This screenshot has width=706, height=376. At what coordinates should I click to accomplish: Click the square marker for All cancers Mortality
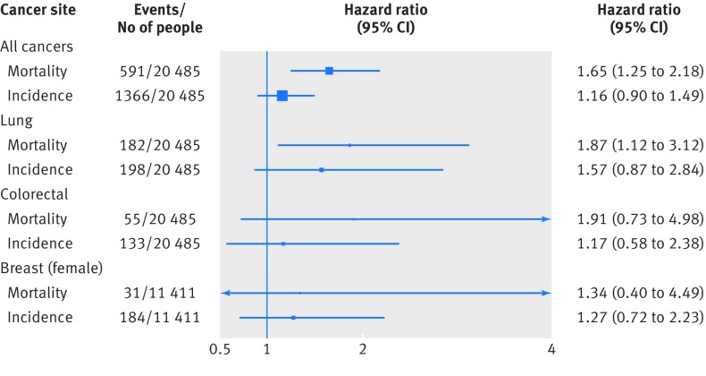pyautogui.click(x=329, y=71)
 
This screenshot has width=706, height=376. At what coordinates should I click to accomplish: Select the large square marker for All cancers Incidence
pyautogui.click(x=282, y=96)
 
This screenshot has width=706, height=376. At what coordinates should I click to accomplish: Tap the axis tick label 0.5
pyautogui.click(x=220, y=349)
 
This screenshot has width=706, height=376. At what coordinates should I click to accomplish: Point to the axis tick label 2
pyautogui.click(x=363, y=349)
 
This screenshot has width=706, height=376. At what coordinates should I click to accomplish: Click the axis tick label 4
pyautogui.click(x=551, y=349)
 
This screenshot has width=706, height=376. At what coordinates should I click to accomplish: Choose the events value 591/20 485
pyautogui.click(x=160, y=72)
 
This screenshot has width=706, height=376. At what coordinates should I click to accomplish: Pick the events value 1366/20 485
pyautogui.click(x=160, y=96)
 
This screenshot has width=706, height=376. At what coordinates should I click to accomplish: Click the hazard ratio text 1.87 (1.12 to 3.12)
pyautogui.click(x=640, y=145)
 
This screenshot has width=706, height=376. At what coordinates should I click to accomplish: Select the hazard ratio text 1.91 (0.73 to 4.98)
pyautogui.click(x=640, y=218)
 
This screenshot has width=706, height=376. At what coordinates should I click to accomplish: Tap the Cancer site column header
pyautogui.click(x=38, y=10)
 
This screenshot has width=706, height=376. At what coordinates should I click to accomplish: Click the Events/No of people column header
pyautogui.click(x=160, y=19)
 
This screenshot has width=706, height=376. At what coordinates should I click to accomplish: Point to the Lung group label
pyautogui.click(x=17, y=121)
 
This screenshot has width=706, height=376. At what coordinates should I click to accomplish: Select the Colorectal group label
pyautogui.click(x=34, y=194)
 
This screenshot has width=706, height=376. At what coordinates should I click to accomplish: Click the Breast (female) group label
pyautogui.click(x=51, y=269)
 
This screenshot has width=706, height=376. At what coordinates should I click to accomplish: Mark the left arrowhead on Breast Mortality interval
pyautogui.click(x=226, y=293)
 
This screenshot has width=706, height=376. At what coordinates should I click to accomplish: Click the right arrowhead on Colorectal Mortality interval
pyautogui.click(x=546, y=219)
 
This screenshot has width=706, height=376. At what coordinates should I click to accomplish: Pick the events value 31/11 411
pyautogui.click(x=160, y=293)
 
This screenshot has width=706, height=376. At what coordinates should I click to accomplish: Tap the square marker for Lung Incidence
pyautogui.click(x=322, y=170)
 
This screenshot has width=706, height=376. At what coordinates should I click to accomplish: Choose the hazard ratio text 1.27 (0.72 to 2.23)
pyautogui.click(x=640, y=317)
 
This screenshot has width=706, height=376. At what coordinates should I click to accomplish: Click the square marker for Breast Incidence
pyautogui.click(x=293, y=318)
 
